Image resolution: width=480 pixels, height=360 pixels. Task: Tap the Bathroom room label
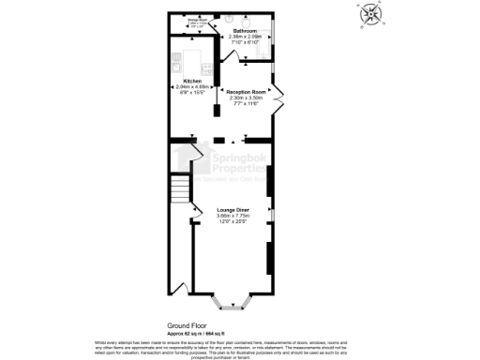click(x=247, y=31)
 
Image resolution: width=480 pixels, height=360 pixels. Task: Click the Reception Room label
click(x=248, y=92)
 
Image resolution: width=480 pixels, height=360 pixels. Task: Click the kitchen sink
click(x=174, y=63)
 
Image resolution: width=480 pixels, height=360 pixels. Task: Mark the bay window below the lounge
click(x=232, y=302)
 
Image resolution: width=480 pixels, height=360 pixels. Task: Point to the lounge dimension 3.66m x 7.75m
click(x=232, y=216)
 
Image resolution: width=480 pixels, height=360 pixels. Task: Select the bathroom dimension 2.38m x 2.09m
click(x=247, y=37)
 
